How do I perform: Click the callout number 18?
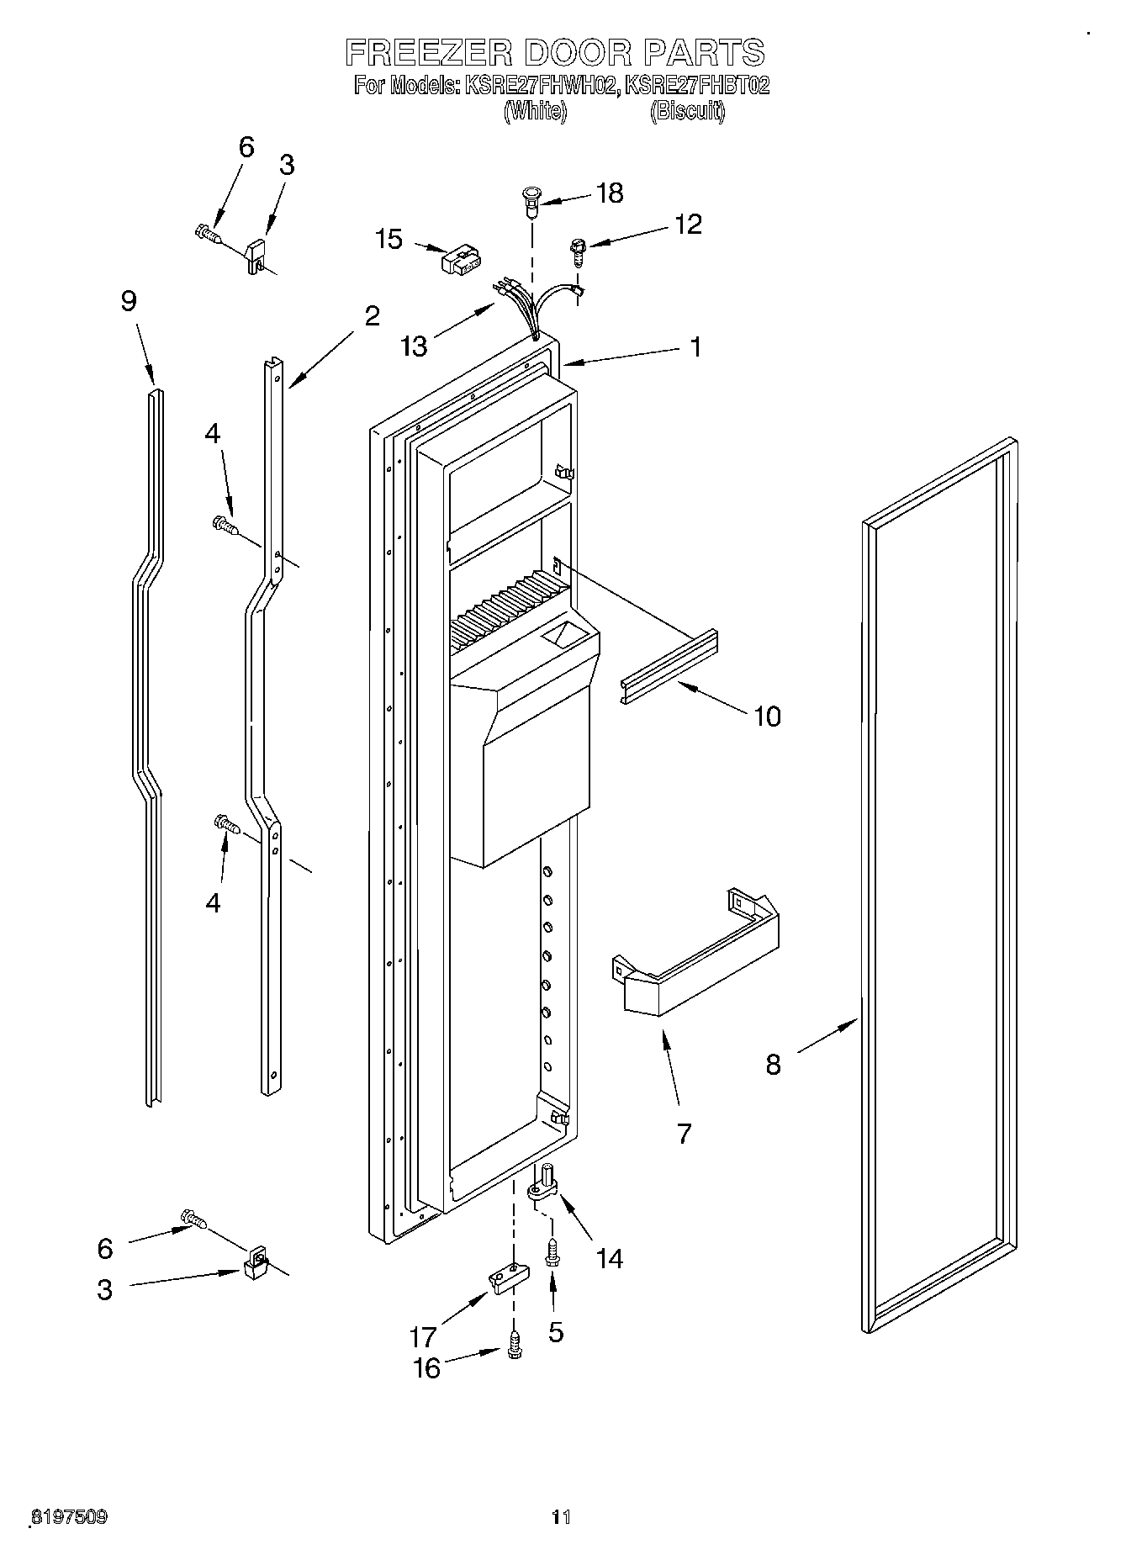click(x=610, y=193)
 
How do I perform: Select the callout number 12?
click(x=687, y=225)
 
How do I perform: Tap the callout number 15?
click(x=389, y=239)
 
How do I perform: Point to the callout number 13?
click(x=415, y=346)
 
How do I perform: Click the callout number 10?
click(x=767, y=717)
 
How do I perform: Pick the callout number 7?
click(x=684, y=1134)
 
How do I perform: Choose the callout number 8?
click(x=773, y=1065)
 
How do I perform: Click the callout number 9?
click(x=129, y=301)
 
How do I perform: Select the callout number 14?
click(x=609, y=1258)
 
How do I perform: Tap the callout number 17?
click(x=423, y=1336)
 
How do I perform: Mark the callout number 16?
click(x=427, y=1368)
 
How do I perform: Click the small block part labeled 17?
click(x=508, y=1280)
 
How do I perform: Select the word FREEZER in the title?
click(x=428, y=52)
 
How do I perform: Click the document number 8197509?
click(x=69, y=1517)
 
